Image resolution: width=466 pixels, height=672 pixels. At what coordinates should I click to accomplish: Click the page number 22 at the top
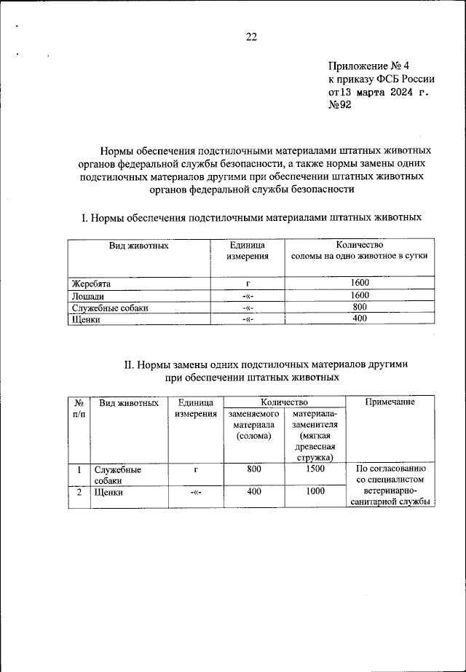(x=250, y=37)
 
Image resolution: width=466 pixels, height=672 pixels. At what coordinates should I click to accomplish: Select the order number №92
(x=339, y=106)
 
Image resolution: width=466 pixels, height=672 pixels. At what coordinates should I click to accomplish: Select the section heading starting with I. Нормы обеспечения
(x=251, y=217)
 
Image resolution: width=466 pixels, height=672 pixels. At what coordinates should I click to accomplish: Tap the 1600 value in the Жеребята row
(x=359, y=283)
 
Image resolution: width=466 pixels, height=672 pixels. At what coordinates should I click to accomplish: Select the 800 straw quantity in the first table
(x=359, y=308)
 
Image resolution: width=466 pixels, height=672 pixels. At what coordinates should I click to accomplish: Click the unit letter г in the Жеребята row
(x=248, y=283)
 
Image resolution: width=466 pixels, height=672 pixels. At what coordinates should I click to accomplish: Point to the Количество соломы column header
(x=359, y=251)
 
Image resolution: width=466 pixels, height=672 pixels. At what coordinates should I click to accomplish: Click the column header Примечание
(x=390, y=402)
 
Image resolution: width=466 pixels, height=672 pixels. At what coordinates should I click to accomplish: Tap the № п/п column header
(x=79, y=408)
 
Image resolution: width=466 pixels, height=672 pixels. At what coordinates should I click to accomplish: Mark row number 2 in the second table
(x=79, y=492)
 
